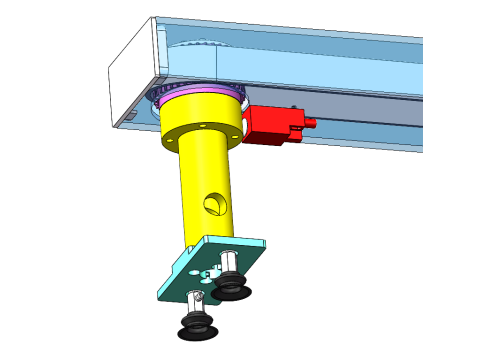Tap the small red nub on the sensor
tap(310, 124)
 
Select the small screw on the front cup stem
tap(195, 297)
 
